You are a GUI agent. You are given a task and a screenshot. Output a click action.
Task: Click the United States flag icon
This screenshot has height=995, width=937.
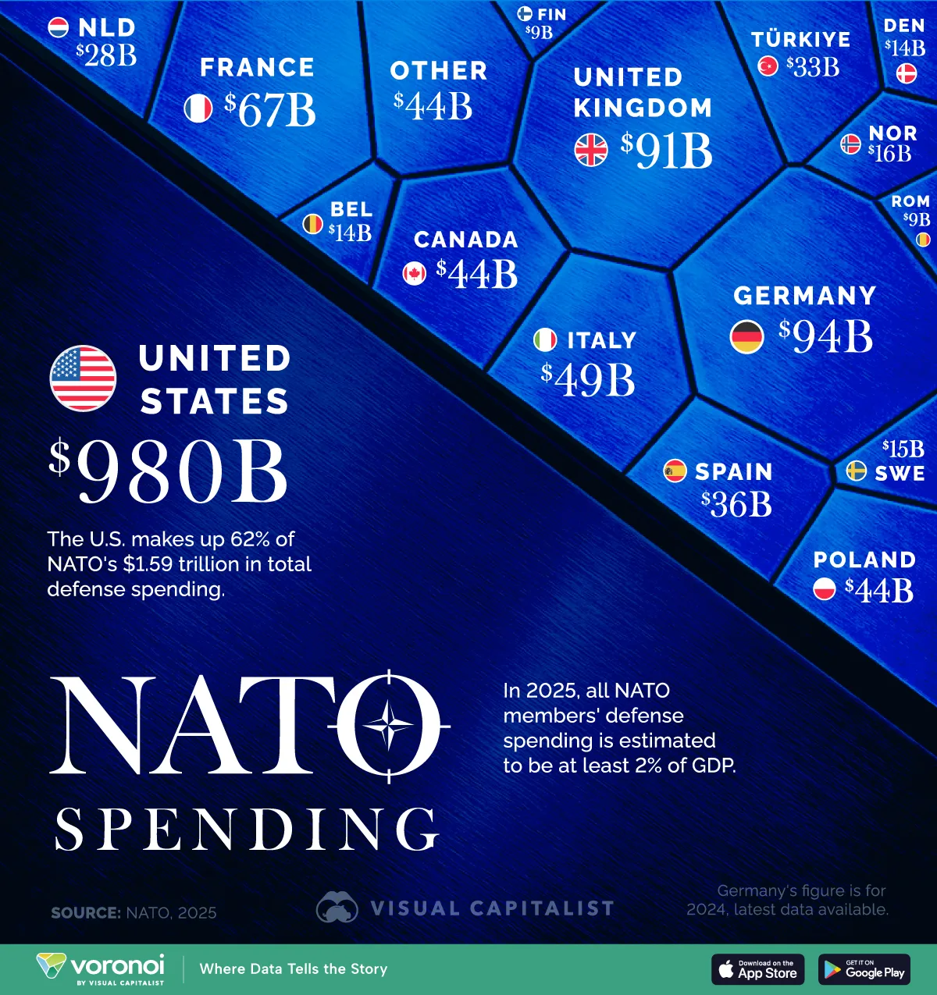click(x=83, y=378)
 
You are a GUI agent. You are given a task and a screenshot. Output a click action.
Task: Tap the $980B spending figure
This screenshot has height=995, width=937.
click(x=169, y=472)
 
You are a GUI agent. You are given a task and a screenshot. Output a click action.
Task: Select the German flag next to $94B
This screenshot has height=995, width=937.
click(x=746, y=337)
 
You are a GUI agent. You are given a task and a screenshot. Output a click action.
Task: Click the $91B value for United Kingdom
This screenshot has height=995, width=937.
click(x=667, y=151)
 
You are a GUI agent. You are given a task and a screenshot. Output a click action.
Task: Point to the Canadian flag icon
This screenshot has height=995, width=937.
click(x=414, y=274)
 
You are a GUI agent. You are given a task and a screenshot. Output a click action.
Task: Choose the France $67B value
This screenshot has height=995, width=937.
click(x=270, y=110)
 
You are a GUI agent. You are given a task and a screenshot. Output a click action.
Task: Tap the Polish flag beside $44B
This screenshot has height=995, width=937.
click(x=825, y=589)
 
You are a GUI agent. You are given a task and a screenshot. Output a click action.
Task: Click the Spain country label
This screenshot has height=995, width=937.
click(x=733, y=472)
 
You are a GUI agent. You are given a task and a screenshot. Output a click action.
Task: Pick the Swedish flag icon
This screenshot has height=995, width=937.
click(x=857, y=471)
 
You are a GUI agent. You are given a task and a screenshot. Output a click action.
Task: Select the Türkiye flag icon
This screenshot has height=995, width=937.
click(x=768, y=67)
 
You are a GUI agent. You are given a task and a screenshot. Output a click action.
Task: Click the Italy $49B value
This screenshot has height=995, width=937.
click(x=588, y=380)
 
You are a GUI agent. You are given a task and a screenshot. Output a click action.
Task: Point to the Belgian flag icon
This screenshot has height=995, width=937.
click(x=312, y=225)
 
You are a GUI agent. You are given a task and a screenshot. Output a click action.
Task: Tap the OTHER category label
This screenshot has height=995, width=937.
click(x=439, y=71)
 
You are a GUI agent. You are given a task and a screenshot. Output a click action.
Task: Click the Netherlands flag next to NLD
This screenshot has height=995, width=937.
click(x=59, y=28)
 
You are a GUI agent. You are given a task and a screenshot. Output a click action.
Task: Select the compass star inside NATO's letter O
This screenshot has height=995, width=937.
click(x=388, y=726)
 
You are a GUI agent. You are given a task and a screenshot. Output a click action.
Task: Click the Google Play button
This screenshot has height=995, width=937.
click(x=864, y=969)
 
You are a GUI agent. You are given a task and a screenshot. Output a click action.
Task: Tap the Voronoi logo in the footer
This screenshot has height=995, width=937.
click(x=101, y=968)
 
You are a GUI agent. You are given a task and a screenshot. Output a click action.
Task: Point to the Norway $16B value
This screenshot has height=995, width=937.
click(x=890, y=154)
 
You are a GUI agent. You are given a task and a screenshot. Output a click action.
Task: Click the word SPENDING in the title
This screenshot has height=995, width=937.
click(x=247, y=829)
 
